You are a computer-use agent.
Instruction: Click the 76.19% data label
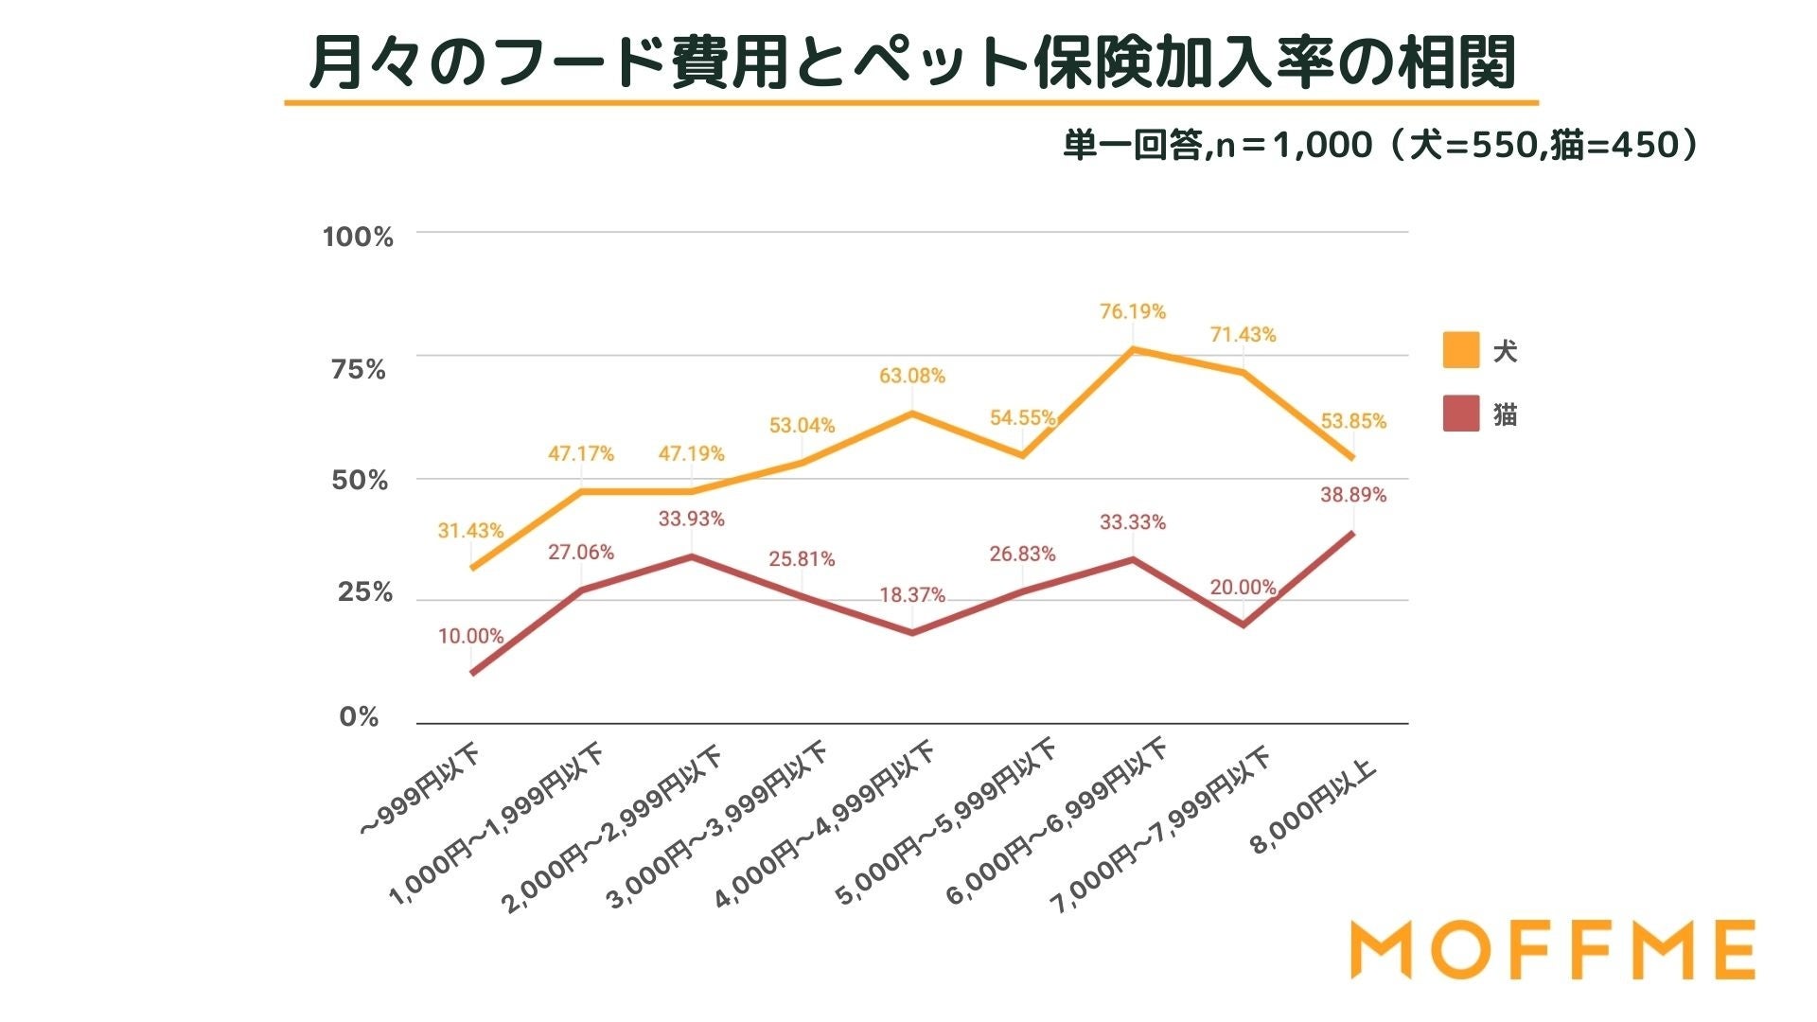click(x=1132, y=311)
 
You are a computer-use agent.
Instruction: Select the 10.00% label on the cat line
click(x=470, y=636)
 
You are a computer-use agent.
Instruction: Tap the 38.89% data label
click(x=1353, y=495)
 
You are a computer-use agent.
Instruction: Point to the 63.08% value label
click(x=911, y=376)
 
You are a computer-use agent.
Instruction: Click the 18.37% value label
click(x=911, y=595)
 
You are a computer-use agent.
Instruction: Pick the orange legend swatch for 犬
click(x=1460, y=350)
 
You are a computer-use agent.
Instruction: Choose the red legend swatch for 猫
click(x=1460, y=414)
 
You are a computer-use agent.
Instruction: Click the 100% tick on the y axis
click(x=358, y=237)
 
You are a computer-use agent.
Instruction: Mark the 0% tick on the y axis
click(x=359, y=717)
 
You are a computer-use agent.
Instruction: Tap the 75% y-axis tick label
click(x=359, y=370)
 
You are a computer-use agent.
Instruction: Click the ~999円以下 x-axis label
click(x=420, y=792)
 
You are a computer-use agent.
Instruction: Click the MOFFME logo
click(x=1552, y=949)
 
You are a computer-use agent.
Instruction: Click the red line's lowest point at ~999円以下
click(x=471, y=673)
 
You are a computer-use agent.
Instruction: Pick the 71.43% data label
click(x=1243, y=335)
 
